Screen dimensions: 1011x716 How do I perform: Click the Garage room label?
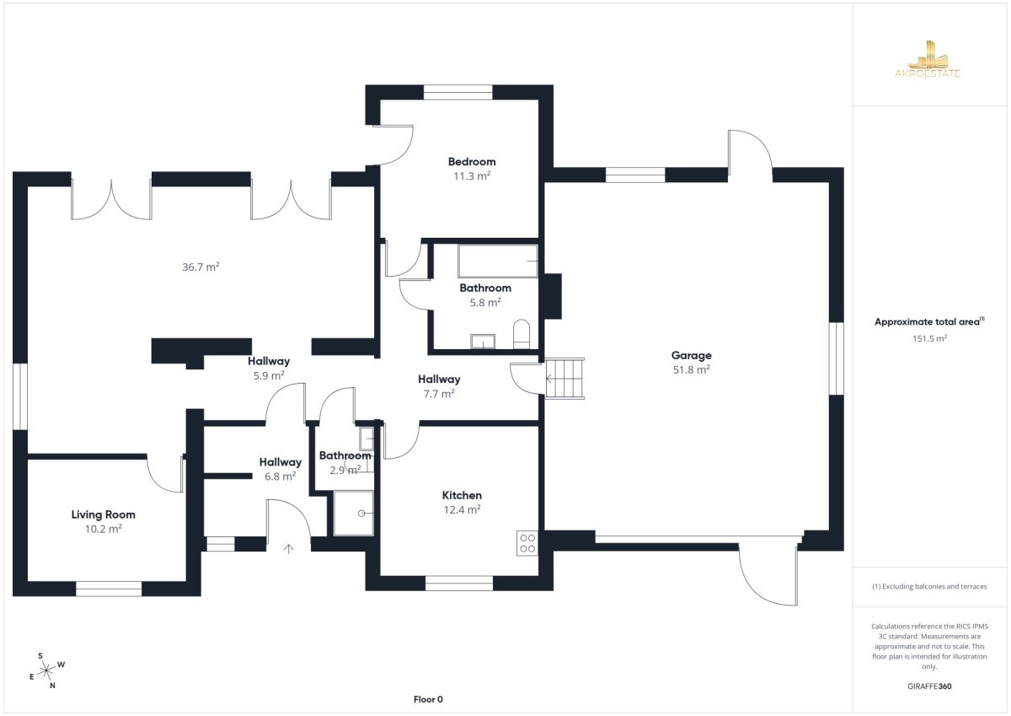coord(691,356)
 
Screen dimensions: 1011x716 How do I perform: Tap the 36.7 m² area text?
coord(201,266)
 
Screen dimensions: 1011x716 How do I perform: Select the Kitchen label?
coord(462,495)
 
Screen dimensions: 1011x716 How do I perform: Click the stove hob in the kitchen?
coord(527,543)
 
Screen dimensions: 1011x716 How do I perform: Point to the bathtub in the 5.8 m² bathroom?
coord(498,261)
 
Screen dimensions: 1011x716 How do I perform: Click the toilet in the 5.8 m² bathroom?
coord(522,334)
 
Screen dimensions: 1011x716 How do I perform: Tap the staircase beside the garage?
coord(564,379)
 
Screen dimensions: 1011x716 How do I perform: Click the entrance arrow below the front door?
coord(288,549)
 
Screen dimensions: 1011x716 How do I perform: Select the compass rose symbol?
coord(46,670)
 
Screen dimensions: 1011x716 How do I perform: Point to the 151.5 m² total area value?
coord(929,338)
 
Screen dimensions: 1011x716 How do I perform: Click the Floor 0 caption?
coord(428,699)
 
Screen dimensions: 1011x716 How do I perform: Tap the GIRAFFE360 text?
coord(929,686)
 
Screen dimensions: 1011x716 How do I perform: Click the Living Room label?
coord(104,514)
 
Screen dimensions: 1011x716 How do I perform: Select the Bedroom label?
coord(472,162)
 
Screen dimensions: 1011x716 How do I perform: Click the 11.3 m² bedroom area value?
coord(472,175)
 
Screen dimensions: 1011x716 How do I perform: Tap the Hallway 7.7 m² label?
coord(439,386)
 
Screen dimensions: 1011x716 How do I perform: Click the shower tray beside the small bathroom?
coord(353,513)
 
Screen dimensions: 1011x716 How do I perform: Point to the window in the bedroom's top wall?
coord(458,92)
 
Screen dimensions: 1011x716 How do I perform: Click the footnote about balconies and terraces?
coord(929,586)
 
